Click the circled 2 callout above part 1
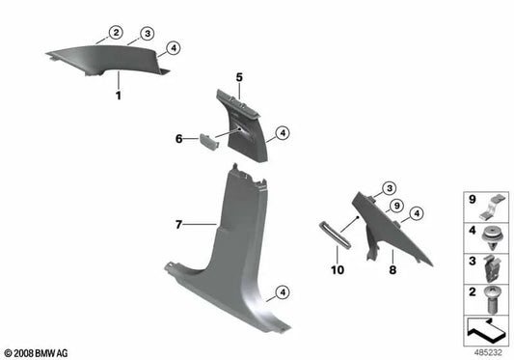[x=115, y=34]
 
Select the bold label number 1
[x=118, y=97]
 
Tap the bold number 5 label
[x=240, y=75]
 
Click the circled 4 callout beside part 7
[x=281, y=291]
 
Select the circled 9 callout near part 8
[x=394, y=206]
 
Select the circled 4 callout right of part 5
[x=282, y=133]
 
